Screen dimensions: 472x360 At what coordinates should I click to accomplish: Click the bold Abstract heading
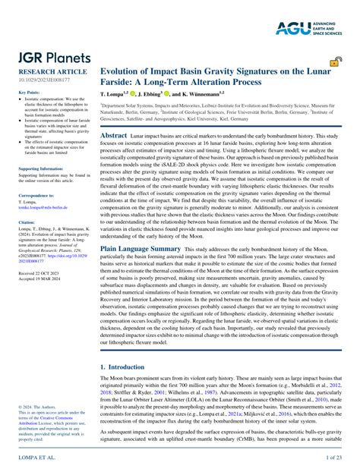(x=114, y=134)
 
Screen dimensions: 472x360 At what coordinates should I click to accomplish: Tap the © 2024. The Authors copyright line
(x=35, y=406)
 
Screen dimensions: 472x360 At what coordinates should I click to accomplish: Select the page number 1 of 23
(x=333, y=459)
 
